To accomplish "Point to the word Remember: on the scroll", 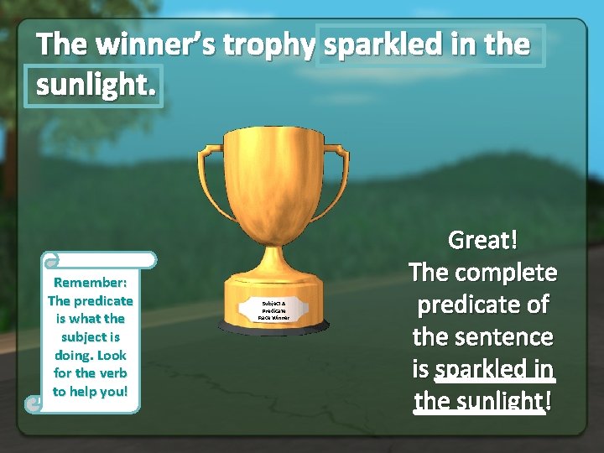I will click(91, 282).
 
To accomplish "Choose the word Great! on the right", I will click(482, 241).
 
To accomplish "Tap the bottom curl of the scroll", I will click(33, 404).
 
